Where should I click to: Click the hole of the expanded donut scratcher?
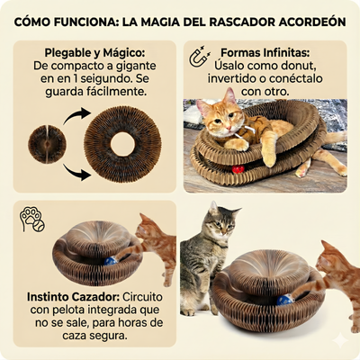[x=123, y=143]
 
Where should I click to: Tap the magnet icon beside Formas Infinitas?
[x=194, y=58]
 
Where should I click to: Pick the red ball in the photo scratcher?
[x=238, y=168]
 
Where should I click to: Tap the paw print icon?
[x=31, y=219]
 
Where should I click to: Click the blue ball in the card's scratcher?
[x=110, y=260]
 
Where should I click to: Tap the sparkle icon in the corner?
[x=339, y=341]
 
